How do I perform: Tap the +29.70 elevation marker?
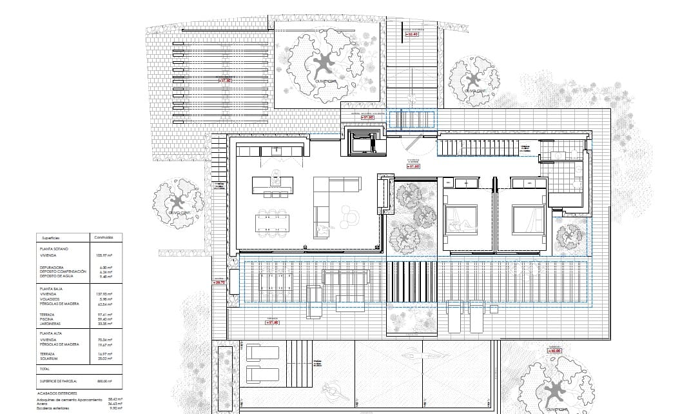(220, 282)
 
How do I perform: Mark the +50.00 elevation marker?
(555, 351)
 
